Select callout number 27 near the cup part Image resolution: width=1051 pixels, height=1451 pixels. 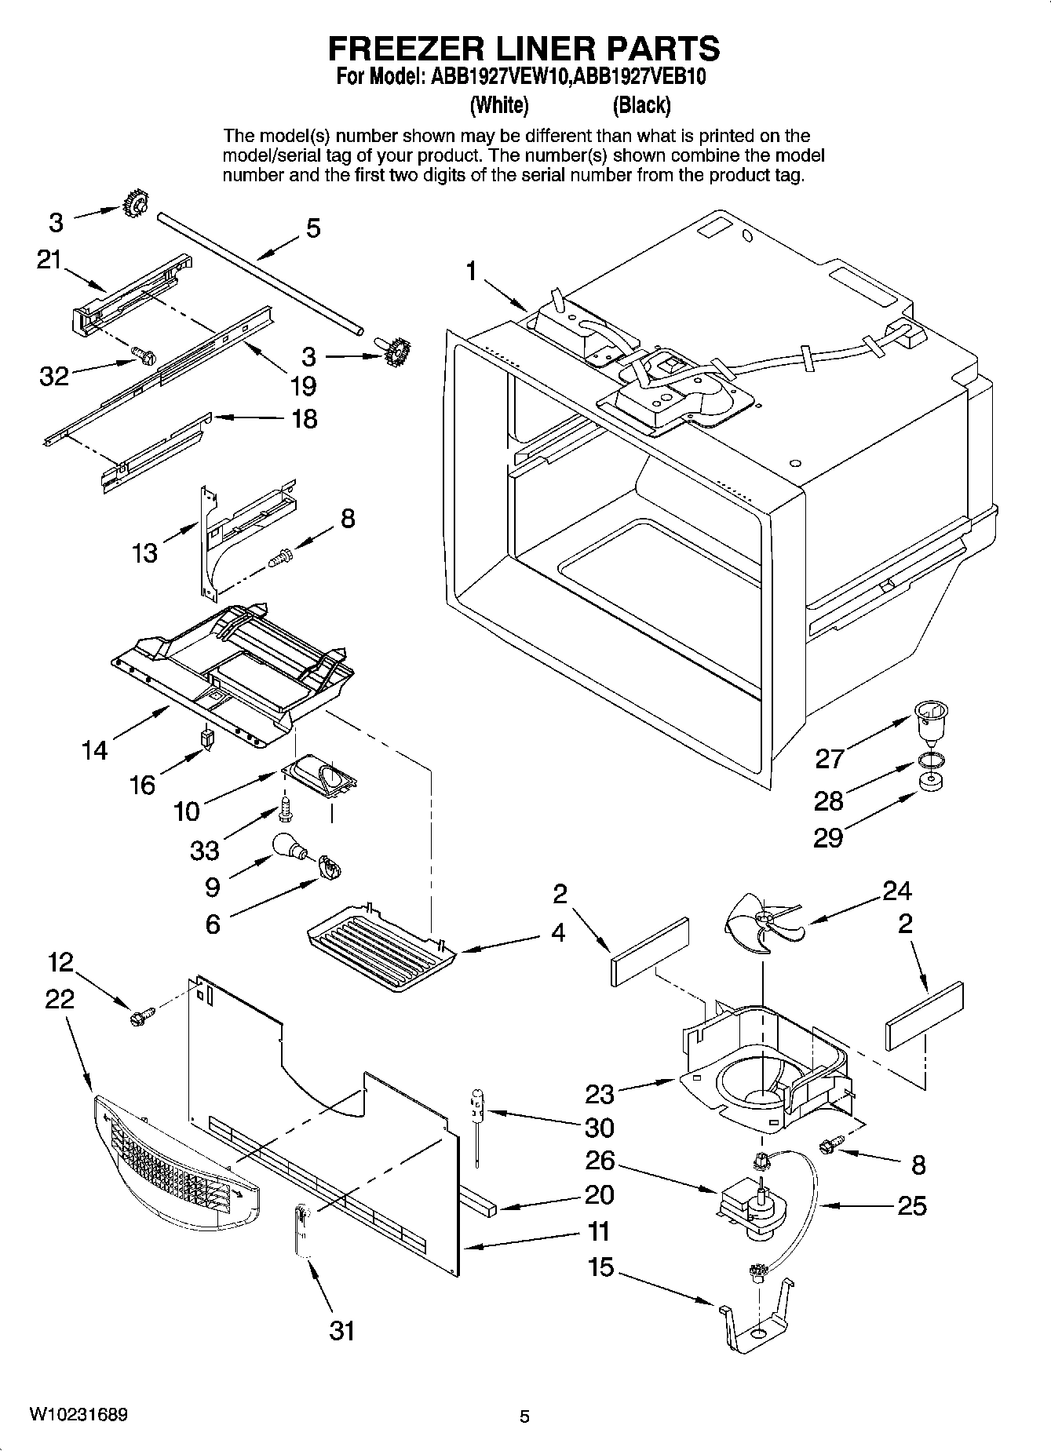(x=829, y=758)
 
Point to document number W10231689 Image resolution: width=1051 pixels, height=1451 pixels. (x=78, y=1415)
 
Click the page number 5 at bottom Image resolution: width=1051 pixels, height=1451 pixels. (x=524, y=1416)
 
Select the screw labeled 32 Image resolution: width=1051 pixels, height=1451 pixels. (x=144, y=355)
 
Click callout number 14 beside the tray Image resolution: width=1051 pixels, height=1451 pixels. (x=94, y=750)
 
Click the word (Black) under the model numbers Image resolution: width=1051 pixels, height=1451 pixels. (x=641, y=104)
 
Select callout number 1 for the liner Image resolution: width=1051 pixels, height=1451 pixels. (x=471, y=272)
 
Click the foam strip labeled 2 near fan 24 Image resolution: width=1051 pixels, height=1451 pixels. (x=648, y=950)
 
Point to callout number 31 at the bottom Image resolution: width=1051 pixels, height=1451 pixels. (x=342, y=1330)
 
